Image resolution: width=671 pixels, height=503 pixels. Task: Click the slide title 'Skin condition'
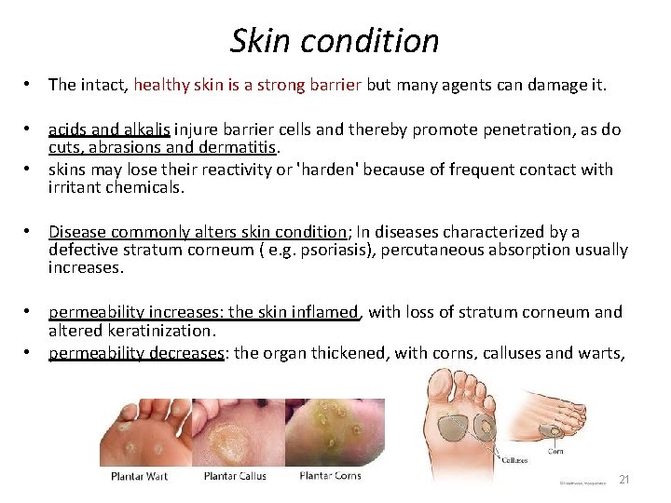click(x=335, y=40)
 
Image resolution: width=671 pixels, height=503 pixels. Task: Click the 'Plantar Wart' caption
click(x=139, y=477)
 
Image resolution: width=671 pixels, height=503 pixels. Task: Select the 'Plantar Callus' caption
click(x=236, y=477)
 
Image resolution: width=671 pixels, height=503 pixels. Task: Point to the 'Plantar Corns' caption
click(x=329, y=477)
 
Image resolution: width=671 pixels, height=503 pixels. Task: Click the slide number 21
click(x=624, y=480)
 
